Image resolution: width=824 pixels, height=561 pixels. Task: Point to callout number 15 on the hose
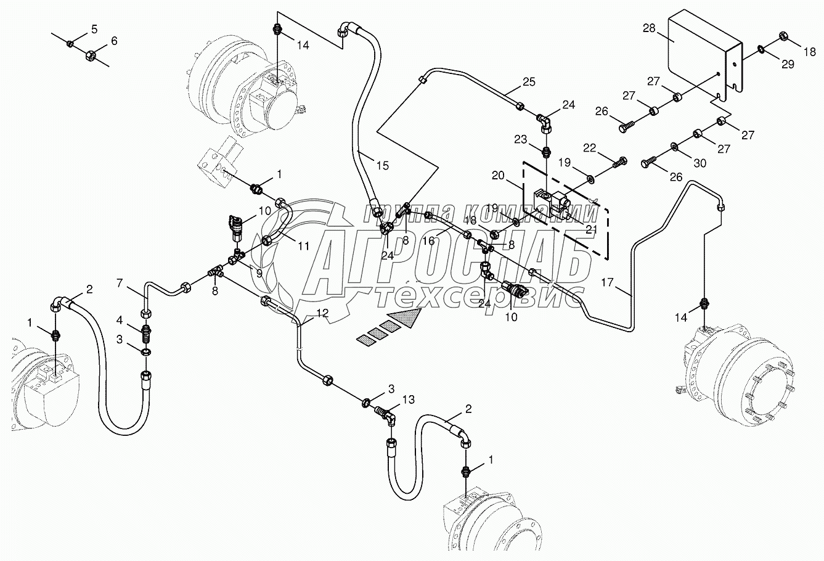point(383,165)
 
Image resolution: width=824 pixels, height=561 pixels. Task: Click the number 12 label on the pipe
point(322,313)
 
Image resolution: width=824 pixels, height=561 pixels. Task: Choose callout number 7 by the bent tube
point(121,283)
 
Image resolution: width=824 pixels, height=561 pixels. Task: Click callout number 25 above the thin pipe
point(529,81)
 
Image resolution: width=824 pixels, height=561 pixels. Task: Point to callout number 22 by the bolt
point(590,148)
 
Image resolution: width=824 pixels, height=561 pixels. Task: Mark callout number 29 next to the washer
point(788,65)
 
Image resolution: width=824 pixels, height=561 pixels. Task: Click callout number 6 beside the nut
point(114,41)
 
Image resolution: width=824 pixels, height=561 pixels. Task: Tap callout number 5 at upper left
point(94,28)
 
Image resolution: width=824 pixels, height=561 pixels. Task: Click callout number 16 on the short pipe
point(429,241)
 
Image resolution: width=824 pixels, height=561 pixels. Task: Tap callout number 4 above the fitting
point(121,319)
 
